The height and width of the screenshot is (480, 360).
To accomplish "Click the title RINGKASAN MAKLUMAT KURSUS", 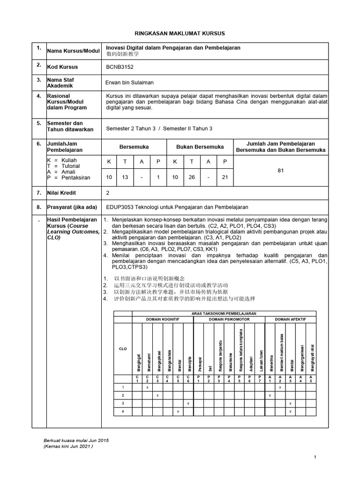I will [x=180, y=34].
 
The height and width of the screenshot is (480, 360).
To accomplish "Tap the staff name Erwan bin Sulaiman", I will [x=130, y=82].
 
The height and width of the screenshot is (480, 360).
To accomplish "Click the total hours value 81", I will [x=281, y=171].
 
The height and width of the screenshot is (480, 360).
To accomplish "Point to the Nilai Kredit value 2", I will [x=108, y=193].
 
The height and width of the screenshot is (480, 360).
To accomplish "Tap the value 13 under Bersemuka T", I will [x=125, y=177].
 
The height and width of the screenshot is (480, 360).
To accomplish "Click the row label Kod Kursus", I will [x=62, y=67].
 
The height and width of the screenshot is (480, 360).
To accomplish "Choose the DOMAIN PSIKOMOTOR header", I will [x=230, y=319].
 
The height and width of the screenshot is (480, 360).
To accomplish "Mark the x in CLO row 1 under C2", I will [x=147, y=388].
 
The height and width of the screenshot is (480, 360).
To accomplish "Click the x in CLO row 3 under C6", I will [x=188, y=403].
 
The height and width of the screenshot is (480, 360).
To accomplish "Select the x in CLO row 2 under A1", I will [x=270, y=396].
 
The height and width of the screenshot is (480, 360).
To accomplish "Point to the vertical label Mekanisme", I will [x=230, y=358].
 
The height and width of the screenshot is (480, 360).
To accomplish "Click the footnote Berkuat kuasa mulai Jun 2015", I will [x=75, y=441].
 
